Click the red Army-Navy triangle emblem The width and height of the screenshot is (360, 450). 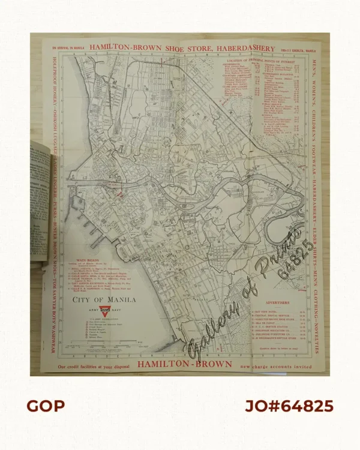104,312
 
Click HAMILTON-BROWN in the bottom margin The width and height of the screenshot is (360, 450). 174,364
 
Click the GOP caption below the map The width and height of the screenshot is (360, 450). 45,406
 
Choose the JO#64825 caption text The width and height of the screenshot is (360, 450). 289,406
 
